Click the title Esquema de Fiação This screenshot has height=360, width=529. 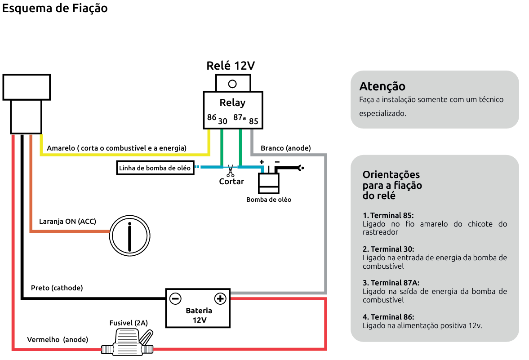point(55,8)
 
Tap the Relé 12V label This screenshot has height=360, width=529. point(231,66)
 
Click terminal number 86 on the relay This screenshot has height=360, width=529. point(212,117)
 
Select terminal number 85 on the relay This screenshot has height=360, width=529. point(253,121)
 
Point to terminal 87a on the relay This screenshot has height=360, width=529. point(239,118)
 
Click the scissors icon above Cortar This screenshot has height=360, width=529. point(231,171)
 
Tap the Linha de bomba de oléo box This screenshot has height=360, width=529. point(155,168)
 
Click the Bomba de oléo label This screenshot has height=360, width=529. point(268,199)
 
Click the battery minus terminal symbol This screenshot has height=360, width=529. point(175,298)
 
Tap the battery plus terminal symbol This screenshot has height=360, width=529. point(220,298)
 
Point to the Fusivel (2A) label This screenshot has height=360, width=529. point(129,323)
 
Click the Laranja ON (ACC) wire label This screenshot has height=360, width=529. point(67,221)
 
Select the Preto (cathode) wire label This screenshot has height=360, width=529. point(57,288)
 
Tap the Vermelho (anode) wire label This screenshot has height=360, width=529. point(58,339)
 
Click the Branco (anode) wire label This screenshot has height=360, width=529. point(285,148)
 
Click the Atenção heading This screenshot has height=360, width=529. point(382,86)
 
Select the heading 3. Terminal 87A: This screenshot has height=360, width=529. point(391,283)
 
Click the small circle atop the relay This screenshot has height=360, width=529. point(232,84)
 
